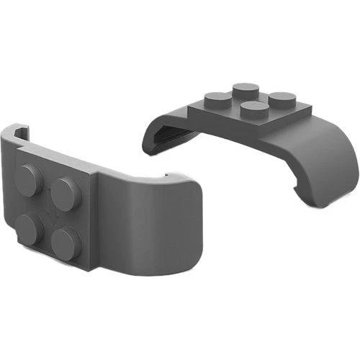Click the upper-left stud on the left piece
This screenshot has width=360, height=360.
tap(29, 179)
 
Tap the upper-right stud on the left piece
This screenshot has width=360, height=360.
tap(66, 192)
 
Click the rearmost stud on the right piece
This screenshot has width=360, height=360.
tap(246, 90)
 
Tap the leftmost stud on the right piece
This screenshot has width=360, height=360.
tap(217, 100)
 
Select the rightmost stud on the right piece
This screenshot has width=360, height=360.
tap(282, 100)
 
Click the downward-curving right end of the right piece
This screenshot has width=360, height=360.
tap(335, 169)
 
